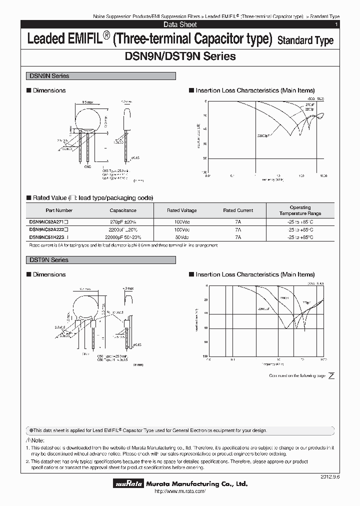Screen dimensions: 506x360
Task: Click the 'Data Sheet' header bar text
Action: (180, 24)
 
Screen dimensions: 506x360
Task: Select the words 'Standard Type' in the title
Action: (305, 40)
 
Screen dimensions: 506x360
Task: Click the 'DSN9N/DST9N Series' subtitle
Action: (180, 56)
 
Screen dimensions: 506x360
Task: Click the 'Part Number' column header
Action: (59, 210)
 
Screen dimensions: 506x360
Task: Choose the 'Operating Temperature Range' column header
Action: (300, 210)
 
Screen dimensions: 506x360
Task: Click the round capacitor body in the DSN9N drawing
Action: (88, 116)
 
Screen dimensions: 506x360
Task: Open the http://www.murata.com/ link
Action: (180, 492)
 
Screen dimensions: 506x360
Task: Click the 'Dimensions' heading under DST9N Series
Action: (49, 274)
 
